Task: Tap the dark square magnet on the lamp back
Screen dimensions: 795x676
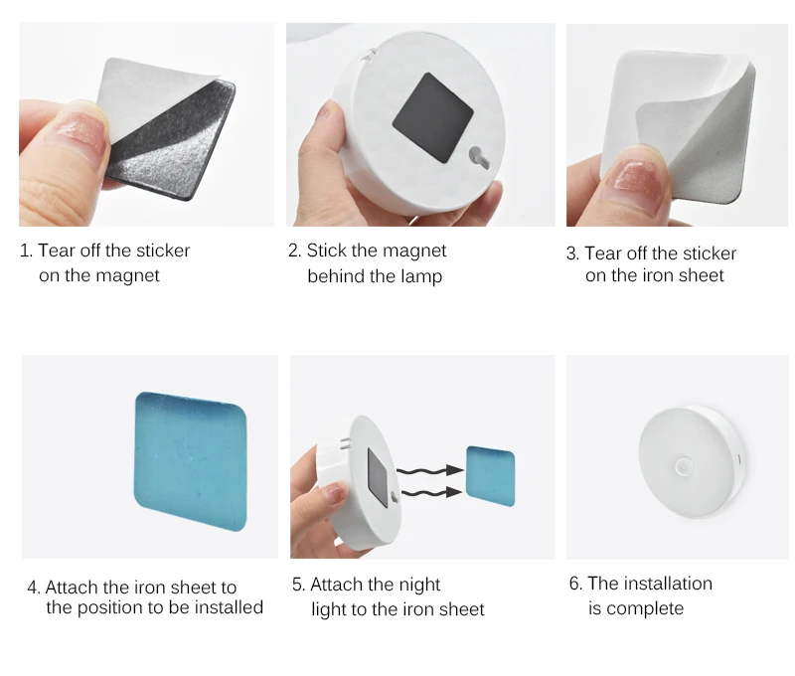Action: pyautogui.click(x=432, y=117)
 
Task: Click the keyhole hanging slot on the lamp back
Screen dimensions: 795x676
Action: pyautogui.click(x=479, y=157)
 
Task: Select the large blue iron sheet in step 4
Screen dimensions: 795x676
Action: pyautogui.click(x=190, y=461)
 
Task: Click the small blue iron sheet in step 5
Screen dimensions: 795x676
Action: pyautogui.click(x=490, y=475)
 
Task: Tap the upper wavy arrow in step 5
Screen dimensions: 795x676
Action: pyautogui.click(x=430, y=471)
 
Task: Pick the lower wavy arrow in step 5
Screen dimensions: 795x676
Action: pyautogui.click(x=432, y=492)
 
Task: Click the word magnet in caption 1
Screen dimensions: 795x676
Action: pyautogui.click(x=127, y=276)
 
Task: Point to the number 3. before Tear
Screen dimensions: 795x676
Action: pyautogui.click(x=573, y=253)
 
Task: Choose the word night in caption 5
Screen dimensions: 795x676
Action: pyautogui.click(x=419, y=585)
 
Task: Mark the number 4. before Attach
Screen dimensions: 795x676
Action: pyautogui.click(x=34, y=588)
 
